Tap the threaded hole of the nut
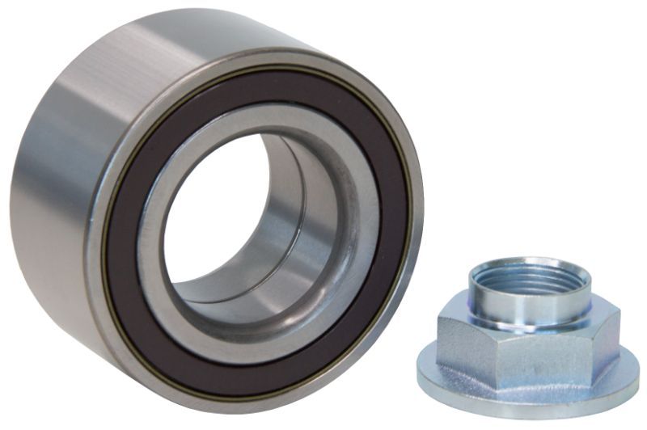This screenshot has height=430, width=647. coord(526,279)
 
